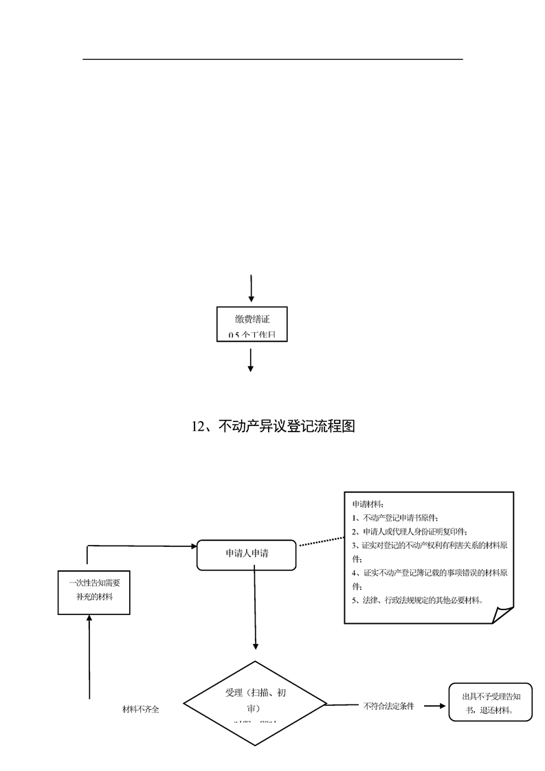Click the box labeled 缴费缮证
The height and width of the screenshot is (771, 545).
[251, 324]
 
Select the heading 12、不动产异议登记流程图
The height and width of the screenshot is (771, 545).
[273, 427]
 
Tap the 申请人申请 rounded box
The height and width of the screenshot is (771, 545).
[247, 555]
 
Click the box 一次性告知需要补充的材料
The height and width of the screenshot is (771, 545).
[93, 591]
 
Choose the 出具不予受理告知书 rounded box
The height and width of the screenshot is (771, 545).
[490, 702]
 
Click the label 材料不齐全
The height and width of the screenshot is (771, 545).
[141, 709]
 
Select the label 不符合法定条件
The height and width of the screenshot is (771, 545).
[388, 706]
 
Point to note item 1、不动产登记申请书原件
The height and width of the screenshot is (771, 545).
[395, 517]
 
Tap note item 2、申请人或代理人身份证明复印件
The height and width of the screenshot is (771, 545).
[410, 531]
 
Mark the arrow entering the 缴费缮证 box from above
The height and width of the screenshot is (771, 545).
[251, 289]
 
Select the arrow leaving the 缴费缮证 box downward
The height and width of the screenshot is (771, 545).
[251, 360]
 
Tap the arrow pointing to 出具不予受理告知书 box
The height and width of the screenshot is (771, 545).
[434, 706]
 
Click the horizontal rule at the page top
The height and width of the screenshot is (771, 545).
[273, 59]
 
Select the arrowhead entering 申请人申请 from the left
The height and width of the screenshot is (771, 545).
[193, 546]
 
